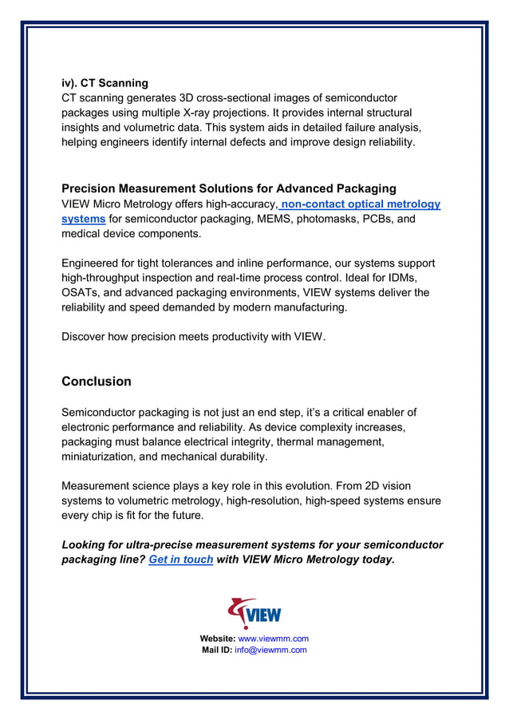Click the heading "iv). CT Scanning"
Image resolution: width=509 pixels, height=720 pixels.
(105, 83)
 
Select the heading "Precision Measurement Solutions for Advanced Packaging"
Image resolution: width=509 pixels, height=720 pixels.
(229, 189)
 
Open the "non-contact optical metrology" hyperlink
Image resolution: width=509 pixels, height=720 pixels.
(360, 204)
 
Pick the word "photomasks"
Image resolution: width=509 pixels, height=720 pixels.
(349, 219)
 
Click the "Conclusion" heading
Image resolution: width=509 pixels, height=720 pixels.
(97, 382)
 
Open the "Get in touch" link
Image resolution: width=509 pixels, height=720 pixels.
(181, 560)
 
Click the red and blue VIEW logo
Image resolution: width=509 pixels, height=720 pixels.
(254, 614)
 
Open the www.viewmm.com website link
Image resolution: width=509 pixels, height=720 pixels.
(273, 639)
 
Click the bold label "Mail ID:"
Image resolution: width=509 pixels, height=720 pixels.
(216, 650)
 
